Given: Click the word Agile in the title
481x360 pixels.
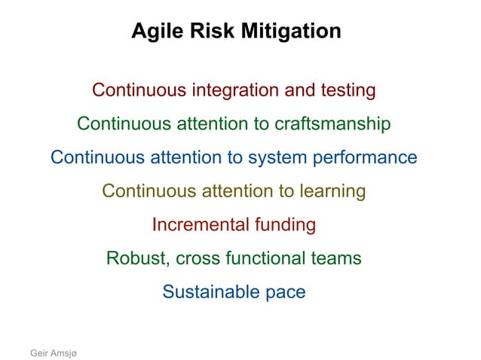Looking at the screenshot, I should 154,32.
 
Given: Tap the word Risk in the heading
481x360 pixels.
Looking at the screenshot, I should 202,32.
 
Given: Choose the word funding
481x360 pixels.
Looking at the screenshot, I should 285,224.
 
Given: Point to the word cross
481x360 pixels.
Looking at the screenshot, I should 200,258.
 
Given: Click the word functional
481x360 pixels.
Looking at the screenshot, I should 268,258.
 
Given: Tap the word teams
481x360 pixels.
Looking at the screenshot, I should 337,258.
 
